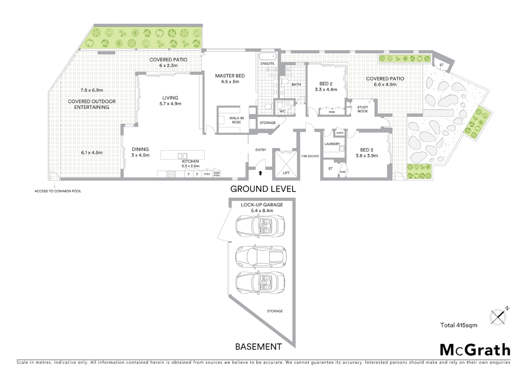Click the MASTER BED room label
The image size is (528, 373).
(230, 76)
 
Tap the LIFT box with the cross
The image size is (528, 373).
(286, 164)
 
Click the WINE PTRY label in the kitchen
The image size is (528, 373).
(217, 174)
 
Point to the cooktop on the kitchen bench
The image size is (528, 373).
(171, 174)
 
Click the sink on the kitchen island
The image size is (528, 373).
(182, 156)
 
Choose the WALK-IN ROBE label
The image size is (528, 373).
(236, 120)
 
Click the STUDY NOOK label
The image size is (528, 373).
(362, 109)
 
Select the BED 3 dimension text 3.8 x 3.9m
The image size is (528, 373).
(367, 156)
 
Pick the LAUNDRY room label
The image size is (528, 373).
(332, 144)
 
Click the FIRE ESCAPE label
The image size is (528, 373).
(310, 156)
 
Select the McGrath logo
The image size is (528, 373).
(475, 350)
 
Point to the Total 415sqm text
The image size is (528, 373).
(459, 325)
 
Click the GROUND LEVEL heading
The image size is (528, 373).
(263, 189)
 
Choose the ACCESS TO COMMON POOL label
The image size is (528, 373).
(58, 191)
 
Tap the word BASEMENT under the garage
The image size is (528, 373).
(258, 346)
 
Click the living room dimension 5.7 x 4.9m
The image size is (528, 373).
(170, 104)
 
